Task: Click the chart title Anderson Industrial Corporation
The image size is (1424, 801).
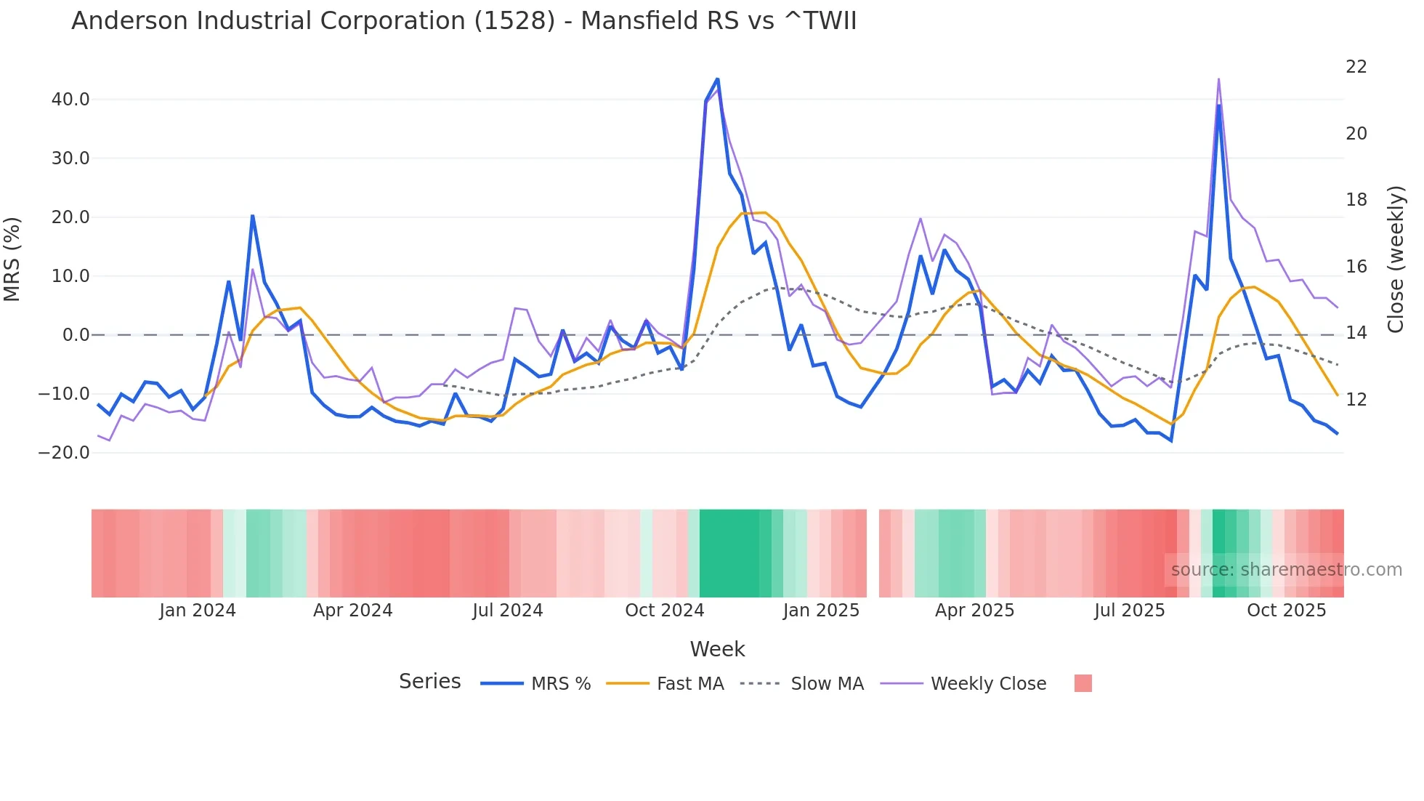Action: pyautogui.click(x=464, y=21)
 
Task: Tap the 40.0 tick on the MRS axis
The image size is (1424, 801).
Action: pyautogui.click(x=70, y=100)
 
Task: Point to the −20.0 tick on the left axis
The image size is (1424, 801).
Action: pyautogui.click(x=65, y=453)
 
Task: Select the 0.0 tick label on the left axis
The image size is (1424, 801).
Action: pyautogui.click(x=76, y=335)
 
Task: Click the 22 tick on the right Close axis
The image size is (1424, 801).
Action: pyautogui.click(x=1356, y=67)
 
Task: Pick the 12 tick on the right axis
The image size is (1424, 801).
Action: pyautogui.click(x=1356, y=400)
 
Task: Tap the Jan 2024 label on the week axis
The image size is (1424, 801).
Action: pyautogui.click(x=198, y=611)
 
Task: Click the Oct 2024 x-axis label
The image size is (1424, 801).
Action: pyautogui.click(x=664, y=611)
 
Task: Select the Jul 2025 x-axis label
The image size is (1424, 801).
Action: pyautogui.click(x=1129, y=611)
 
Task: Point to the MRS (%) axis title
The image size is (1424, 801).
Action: pyautogui.click(x=12, y=259)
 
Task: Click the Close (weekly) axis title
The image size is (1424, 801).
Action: pyautogui.click(x=1395, y=259)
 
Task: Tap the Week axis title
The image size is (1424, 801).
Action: pyautogui.click(x=717, y=649)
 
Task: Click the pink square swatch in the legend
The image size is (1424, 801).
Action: pyautogui.click(x=1083, y=683)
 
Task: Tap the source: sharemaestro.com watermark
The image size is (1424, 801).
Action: pyautogui.click(x=1286, y=570)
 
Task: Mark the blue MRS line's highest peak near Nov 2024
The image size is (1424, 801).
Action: pyautogui.click(x=717, y=79)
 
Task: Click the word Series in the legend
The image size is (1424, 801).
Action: pyautogui.click(x=429, y=682)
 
